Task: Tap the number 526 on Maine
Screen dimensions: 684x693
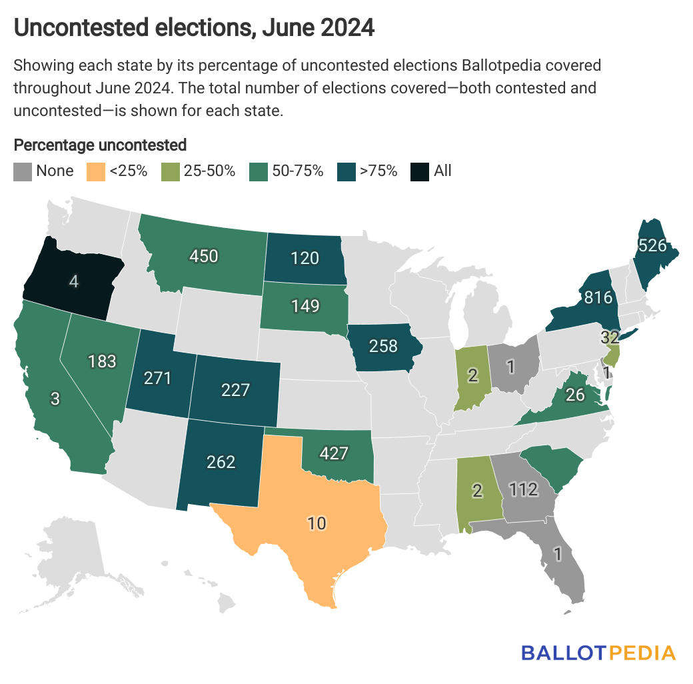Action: pyautogui.click(x=652, y=245)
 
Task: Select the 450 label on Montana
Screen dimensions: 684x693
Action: pyautogui.click(x=204, y=256)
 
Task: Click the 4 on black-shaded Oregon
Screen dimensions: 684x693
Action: pyautogui.click(x=73, y=281)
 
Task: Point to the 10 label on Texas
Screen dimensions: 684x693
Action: pyautogui.click(x=317, y=523)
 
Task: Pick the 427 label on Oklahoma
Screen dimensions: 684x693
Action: pyautogui.click(x=334, y=453)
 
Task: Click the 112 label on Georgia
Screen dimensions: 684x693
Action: pyautogui.click(x=523, y=490)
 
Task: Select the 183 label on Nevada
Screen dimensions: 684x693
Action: pyautogui.click(x=102, y=361)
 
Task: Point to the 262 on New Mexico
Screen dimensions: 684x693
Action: pyautogui.click(x=221, y=461)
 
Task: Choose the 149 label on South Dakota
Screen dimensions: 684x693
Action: pyautogui.click(x=305, y=306)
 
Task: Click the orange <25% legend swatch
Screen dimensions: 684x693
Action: pyautogui.click(x=96, y=171)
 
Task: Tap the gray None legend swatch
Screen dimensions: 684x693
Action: pyautogui.click(x=23, y=171)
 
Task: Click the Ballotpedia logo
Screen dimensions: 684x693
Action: pyautogui.click(x=598, y=651)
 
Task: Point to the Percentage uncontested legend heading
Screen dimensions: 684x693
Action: pyautogui.click(x=100, y=145)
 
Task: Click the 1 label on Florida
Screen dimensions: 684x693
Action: pyautogui.click(x=558, y=553)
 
